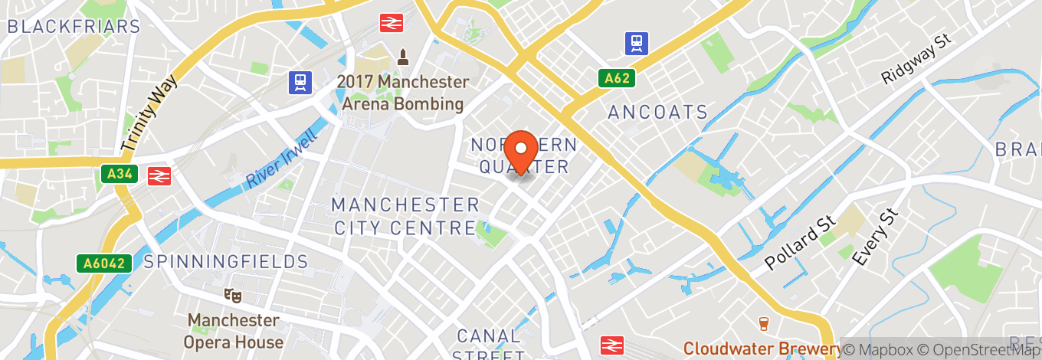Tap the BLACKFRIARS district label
[x=74, y=26]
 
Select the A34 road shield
[x=118, y=175]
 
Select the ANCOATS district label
[x=658, y=113]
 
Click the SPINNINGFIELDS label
[x=226, y=262]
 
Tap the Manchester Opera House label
[x=233, y=331]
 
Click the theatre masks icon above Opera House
[x=233, y=295]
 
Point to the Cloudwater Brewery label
[x=762, y=349]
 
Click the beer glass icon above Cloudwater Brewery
[x=763, y=323]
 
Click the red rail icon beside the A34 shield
[x=159, y=175]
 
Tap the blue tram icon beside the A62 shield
[x=636, y=43]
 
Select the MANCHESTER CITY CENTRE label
[x=406, y=216]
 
